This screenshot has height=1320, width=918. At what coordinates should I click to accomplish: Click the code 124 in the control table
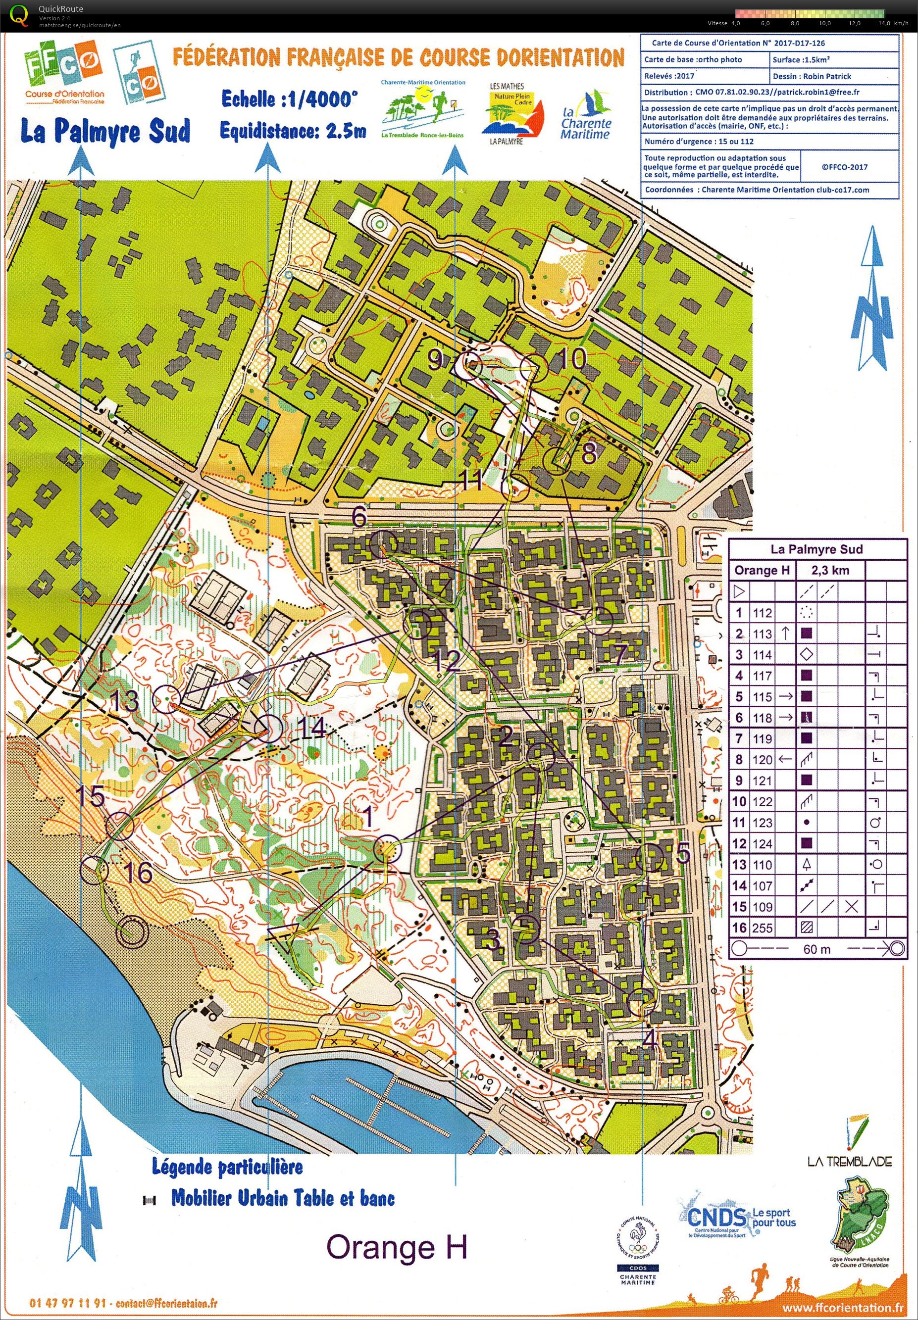(x=762, y=843)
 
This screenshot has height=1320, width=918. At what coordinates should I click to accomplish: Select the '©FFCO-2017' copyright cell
(x=844, y=167)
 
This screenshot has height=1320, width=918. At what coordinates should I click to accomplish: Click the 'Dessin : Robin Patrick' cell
(x=833, y=76)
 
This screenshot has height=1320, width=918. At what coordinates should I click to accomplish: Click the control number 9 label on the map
(x=435, y=360)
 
